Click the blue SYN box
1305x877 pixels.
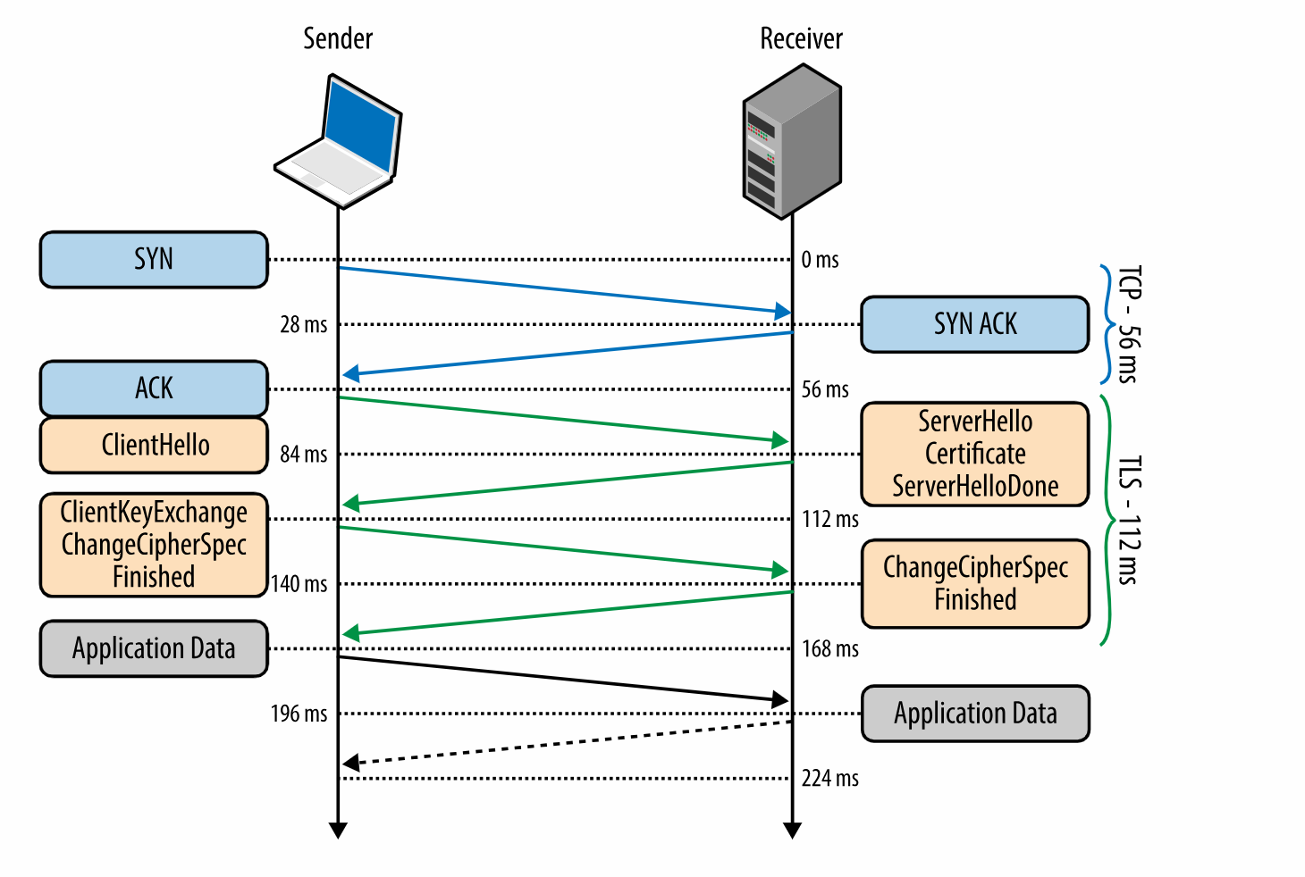click(154, 260)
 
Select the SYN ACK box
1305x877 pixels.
click(974, 324)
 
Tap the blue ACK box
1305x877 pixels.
click(154, 388)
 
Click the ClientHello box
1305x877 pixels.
click(154, 445)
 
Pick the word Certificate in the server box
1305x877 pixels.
click(975, 454)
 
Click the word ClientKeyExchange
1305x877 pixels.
click(154, 513)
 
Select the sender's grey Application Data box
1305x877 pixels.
click(154, 648)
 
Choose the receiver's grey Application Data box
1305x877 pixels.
click(975, 714)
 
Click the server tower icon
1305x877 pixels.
click(792, 141)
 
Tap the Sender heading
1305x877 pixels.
click(338, 38)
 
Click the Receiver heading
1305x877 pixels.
click(801, 38)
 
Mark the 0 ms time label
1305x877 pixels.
click(820, 260)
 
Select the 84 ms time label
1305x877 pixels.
click(304, 454)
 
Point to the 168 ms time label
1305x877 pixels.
click(829, 648)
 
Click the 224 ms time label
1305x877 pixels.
click(829, 778)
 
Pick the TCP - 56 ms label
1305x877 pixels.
click(1129, 324)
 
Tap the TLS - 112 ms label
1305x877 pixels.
click(1129, 520)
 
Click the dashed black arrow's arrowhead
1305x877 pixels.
click(351, 763)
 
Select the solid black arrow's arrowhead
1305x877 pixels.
click(780, 699)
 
